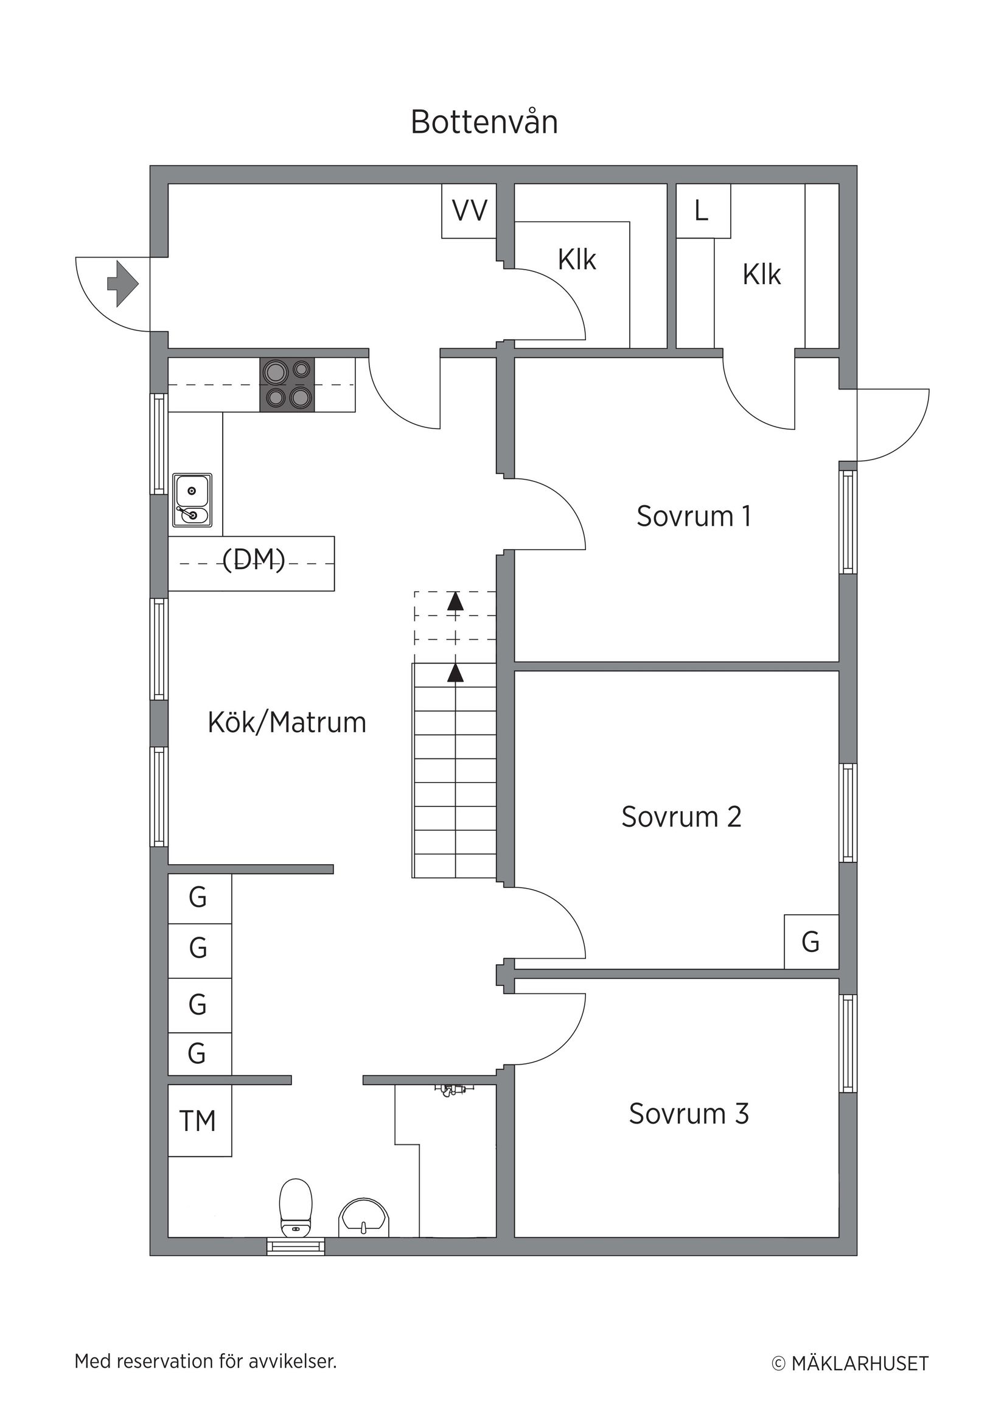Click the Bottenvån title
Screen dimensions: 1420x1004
click(x=484, y=122)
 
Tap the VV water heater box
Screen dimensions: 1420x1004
click(x=469, y=211)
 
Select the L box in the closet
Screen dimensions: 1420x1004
click(x=702, y=211)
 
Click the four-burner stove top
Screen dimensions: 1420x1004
click(x=287, y=384)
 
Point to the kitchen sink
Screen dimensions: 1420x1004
click(x=192, y=500)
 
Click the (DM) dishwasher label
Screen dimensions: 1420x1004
click(x=254, y=560)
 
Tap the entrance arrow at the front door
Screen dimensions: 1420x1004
click(x=123, y=284)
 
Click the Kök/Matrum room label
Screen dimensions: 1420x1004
click(x=287, y=722)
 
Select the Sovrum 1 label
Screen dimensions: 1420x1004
click(x=694, y=516)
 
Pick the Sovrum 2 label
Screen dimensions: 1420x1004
click(x=681, y=816)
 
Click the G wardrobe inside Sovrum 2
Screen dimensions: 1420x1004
click(x=811, y=942)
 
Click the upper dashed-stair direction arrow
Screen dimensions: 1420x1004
click(x=456, y=601)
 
